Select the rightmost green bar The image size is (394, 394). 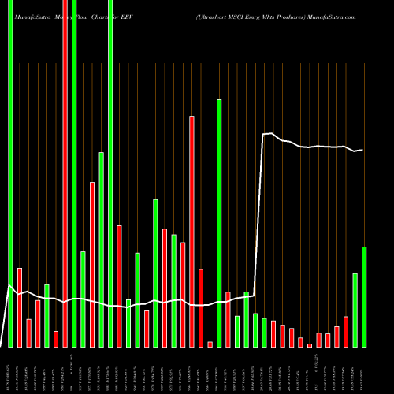click(x=364, y=296)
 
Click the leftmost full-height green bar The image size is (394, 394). click(x=10, y=173)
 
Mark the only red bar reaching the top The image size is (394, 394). click(x=65, y=173)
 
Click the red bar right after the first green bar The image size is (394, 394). click(x=20, y=307)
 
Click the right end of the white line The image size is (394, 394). click(x=362, y=150)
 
